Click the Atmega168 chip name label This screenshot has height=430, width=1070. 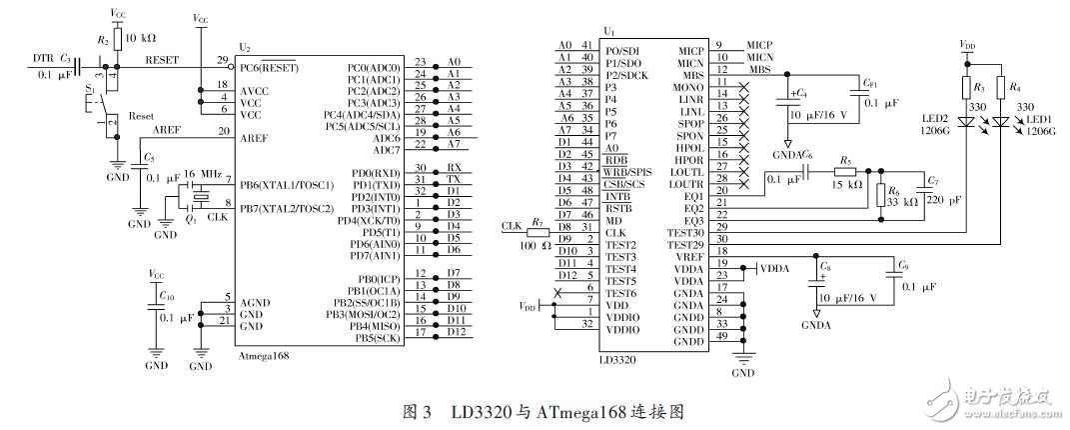263,355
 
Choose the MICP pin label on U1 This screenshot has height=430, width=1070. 691,49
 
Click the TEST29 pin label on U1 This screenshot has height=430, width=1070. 688,243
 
